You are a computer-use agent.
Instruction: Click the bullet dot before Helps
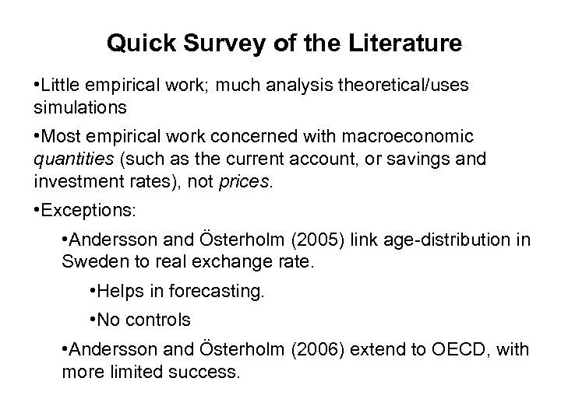93,291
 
